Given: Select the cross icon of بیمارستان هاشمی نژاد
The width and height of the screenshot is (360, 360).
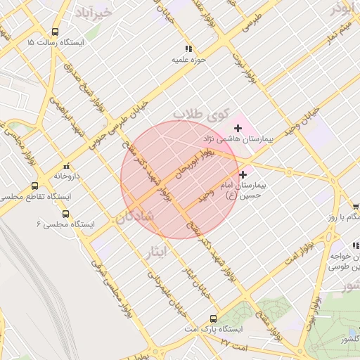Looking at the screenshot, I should coord(238,127).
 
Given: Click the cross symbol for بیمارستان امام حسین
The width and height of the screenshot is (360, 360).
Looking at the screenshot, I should coord(243,174).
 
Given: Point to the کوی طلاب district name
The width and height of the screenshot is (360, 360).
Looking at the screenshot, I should coord(202,113).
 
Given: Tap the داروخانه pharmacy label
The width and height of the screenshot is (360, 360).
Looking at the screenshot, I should coord(68,176).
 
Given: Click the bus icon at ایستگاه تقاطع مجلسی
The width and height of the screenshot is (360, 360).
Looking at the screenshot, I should coord(35,186).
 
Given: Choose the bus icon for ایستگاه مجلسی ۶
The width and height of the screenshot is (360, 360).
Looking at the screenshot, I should coord(65,213).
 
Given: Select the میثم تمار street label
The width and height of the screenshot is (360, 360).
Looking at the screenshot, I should coord(335,34).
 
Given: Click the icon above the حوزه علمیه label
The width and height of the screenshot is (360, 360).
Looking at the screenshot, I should coord(188,49).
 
